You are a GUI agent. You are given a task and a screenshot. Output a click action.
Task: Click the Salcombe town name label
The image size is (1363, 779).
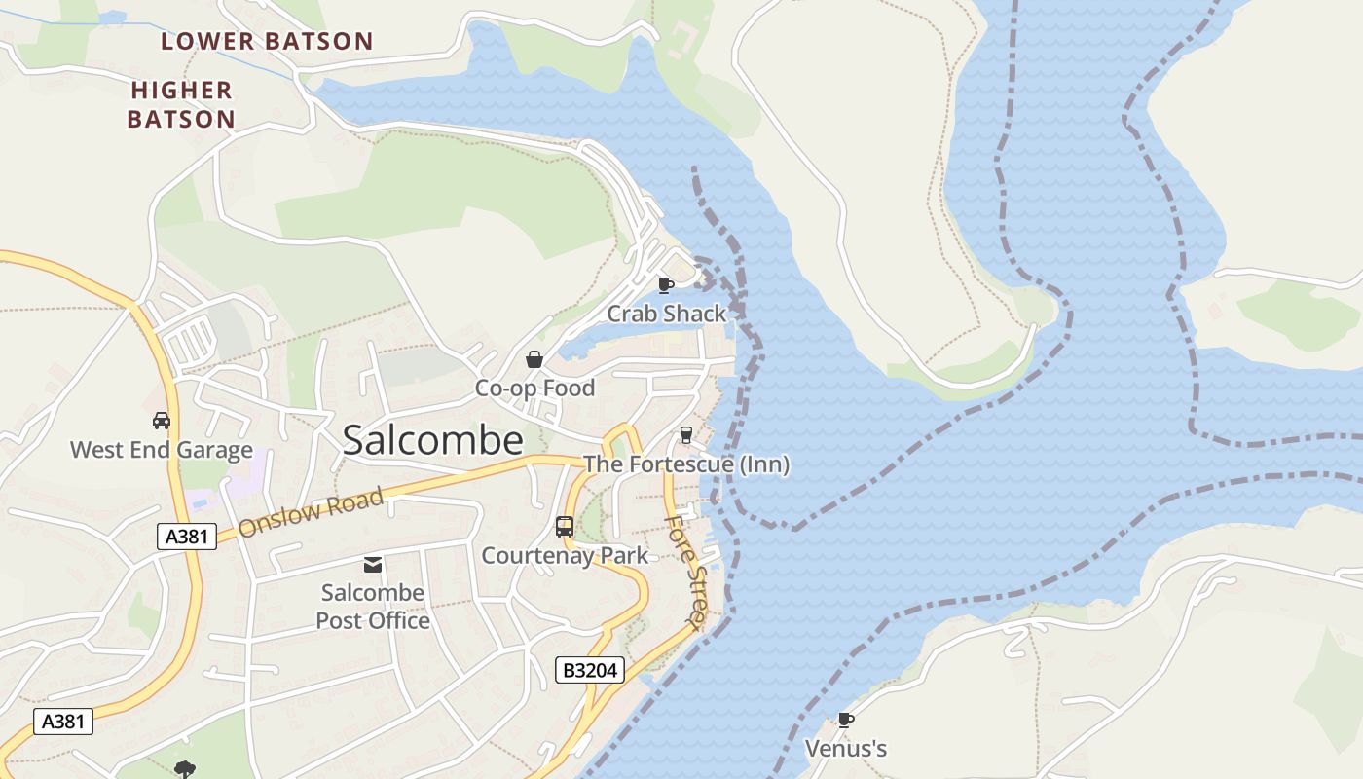click(x=433, y=440)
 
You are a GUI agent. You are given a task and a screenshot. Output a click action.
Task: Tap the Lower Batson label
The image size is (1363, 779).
click(x=267, y=41)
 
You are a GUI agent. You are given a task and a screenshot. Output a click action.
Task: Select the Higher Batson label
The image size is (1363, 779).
click(x=183, y=104)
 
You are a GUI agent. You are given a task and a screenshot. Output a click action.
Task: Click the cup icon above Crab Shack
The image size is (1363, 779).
click(x=666, y=285)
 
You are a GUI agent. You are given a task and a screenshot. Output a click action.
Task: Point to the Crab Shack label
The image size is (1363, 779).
click(x=667, y=314)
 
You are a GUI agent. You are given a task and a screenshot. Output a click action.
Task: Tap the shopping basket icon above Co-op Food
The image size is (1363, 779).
click(x=534, y=359)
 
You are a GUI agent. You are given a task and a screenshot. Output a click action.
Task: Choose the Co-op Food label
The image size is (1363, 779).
click(x=534, y=389)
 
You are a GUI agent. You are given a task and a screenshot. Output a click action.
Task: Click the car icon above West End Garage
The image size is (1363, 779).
click(x=162, y=421)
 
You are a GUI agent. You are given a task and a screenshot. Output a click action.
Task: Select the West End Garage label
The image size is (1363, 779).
click(x=162, y=450)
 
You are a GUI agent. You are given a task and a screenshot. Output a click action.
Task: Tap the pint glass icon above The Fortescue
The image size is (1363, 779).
click(x=686, y=435)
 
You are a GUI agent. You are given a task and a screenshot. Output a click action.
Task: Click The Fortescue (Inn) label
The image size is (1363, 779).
click(x=686, y=464)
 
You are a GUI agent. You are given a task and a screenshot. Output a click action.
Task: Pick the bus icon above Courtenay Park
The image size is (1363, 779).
click(x=565, y=527)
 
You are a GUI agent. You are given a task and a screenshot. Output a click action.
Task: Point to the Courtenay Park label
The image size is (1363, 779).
click(x=565, y=556)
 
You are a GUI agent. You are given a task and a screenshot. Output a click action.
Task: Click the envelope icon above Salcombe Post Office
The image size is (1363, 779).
click(x=373, y=565)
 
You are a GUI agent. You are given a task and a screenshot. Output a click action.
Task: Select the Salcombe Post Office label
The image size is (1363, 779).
click(x=373, y=607)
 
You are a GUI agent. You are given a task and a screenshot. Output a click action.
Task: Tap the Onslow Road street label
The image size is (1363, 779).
click(x=311, y=513)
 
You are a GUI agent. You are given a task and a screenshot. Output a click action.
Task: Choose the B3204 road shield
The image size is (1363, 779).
click(x=589, y=670)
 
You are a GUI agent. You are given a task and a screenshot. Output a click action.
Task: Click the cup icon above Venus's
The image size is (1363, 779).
click(x=846, y=721)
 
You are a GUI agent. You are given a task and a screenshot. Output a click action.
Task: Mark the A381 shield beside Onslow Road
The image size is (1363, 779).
click(x=186, y=536)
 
